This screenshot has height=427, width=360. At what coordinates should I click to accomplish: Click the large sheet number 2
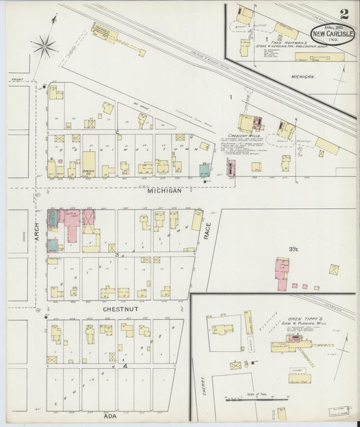tap(345, 14)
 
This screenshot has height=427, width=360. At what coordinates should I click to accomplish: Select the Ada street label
tap(109, 416)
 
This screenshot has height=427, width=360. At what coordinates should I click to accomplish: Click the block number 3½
tap(293, 249)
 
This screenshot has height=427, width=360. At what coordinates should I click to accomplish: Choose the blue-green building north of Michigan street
tap(205, 170)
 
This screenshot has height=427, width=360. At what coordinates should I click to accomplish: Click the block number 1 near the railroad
tap(230, 99)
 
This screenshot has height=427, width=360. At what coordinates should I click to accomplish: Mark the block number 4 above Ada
tap(125, 366)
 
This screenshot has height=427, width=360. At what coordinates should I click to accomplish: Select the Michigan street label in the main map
tap(165, 191)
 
